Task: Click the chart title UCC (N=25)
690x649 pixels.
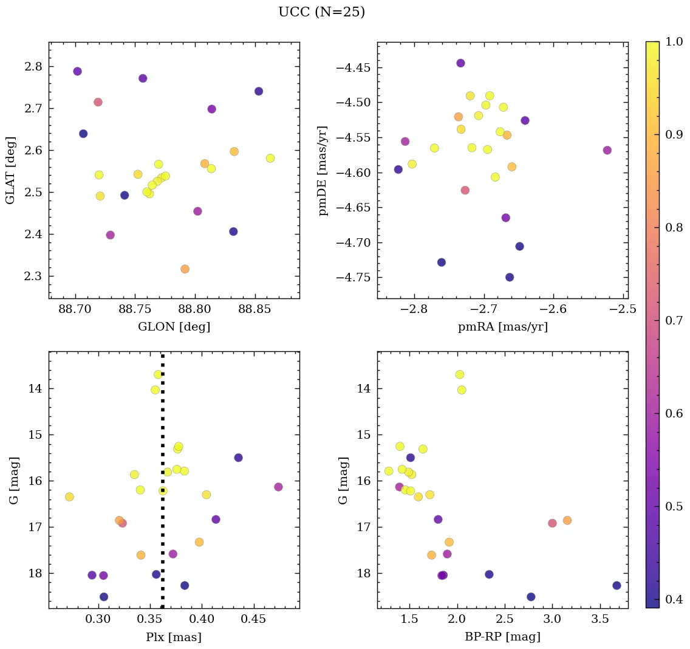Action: (321, 12)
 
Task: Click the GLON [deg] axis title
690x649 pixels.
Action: (174, 327)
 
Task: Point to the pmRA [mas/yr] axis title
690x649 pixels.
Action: (502, 327)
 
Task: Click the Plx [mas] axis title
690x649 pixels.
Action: (174, 637)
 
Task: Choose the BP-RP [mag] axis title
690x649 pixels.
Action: (502, 637)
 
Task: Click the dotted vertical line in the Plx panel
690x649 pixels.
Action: (162, 425)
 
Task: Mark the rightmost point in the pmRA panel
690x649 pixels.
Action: (607, 150)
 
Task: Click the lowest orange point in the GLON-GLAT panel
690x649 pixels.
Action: (185, 269)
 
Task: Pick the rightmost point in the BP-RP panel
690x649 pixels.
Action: (617, 585)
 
